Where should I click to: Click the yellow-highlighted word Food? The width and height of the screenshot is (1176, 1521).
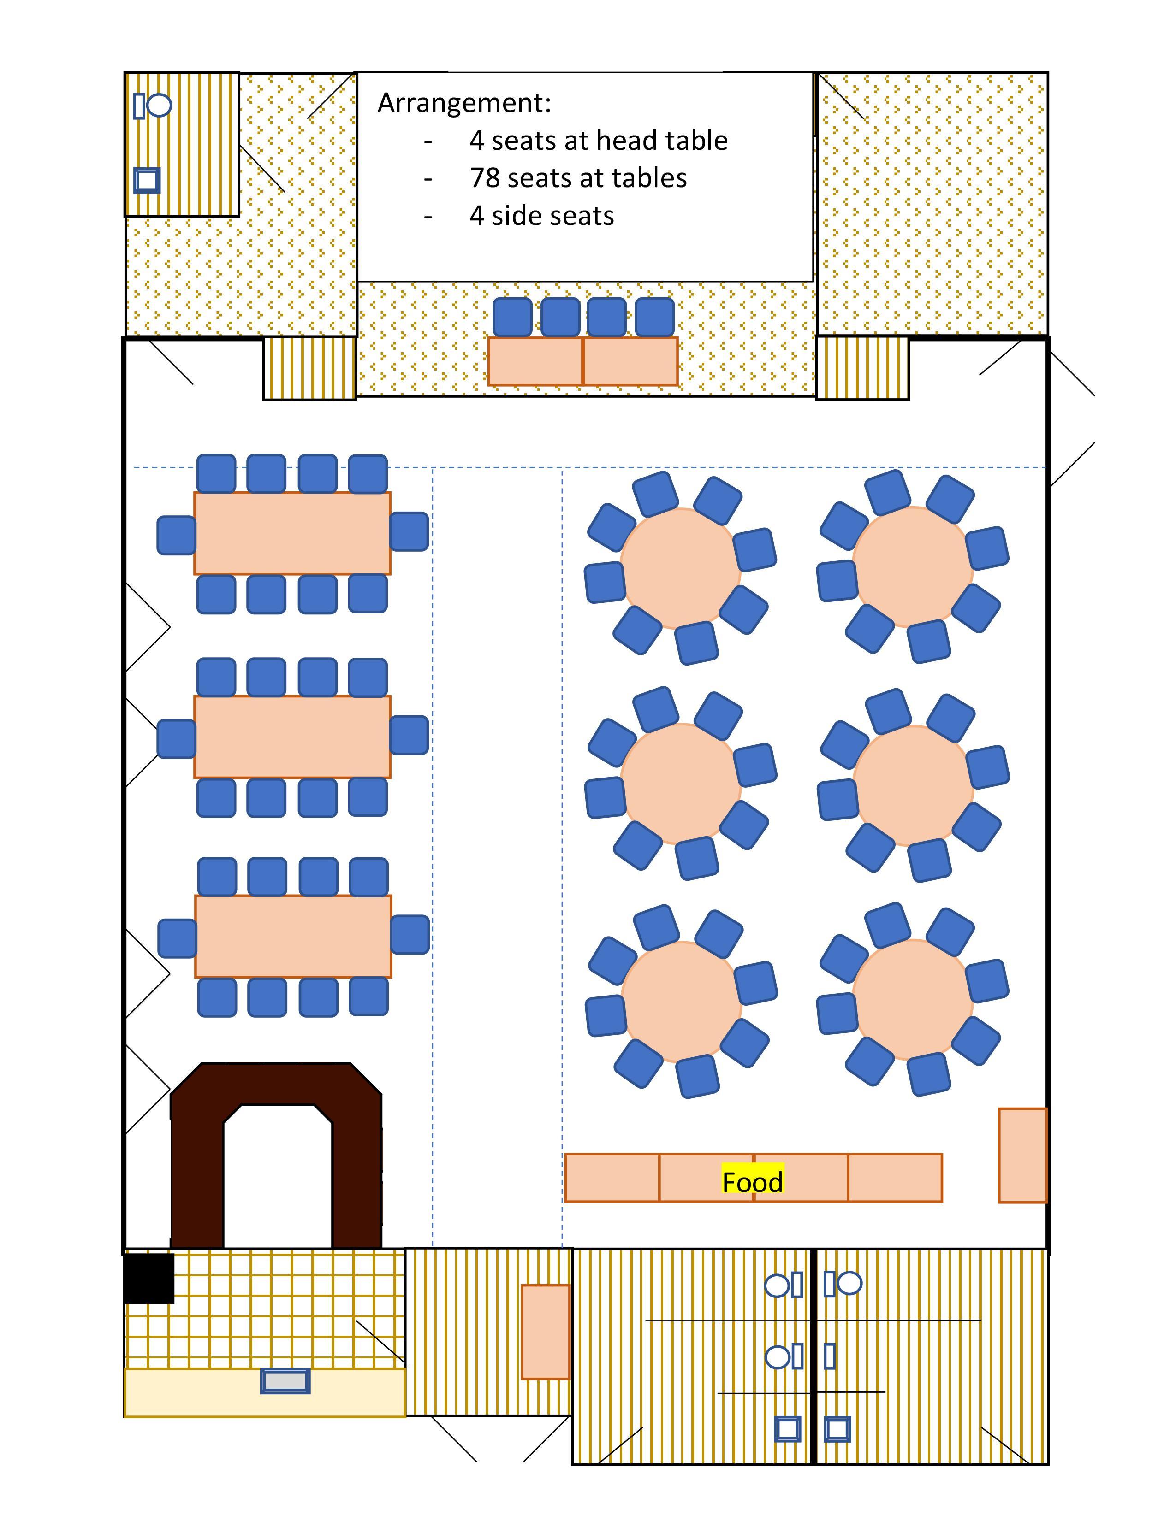pyautogui.click(x=753, y=1182)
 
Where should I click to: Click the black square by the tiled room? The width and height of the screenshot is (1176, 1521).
pyautogui.click(x=149, y=1278)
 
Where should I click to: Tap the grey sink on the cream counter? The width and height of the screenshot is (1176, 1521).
pyautogui.click(x=285, y=1380)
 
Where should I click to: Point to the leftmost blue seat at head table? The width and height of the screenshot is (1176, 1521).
pyautogui.click(x=512, y=318)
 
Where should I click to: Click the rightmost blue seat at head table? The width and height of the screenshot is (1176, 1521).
pyautogui.click(x=655, y=318)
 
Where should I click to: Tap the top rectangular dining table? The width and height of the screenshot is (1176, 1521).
pyautogui.click(x=292, y=533)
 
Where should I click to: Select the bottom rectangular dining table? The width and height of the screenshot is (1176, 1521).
pyautogui.click(x=292, y=937)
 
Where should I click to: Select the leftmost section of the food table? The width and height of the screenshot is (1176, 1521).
pyautogui.click(x=612, y=1178)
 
